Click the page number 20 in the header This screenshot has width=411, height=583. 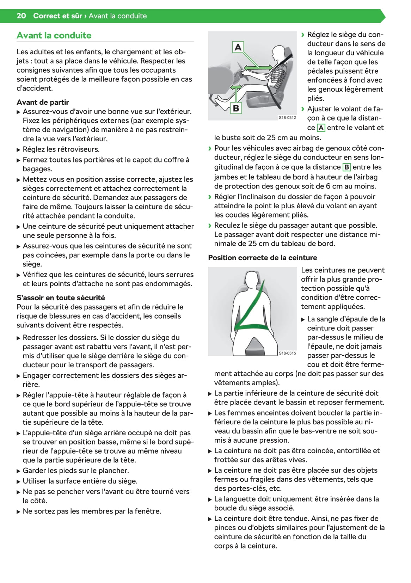pyautogui.click(x=21, y=16)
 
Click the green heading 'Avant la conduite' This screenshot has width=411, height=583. pyautogui.click(x=54, y=35)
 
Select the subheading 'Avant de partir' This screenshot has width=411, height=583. pyautogui.click(x=43, y=102)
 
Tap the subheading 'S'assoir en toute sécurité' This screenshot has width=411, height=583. pyautogui.click(x=61, y=297)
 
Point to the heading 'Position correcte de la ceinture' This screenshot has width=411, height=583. pyautogui.click(x=262, y=258)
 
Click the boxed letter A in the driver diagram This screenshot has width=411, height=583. pyautogui.click(x=238, y=47)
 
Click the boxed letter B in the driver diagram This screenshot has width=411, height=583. pyautogui.click(x=236, y=108)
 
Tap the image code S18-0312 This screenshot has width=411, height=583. pyautogui.click(x=287, y=117)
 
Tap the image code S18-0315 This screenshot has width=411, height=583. pyautogui.click(x=287, y=353)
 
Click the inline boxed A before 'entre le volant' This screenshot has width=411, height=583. pyautogui.click(x=321, y=128)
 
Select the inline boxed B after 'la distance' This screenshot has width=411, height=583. pyautogui.click(x=346, y=167)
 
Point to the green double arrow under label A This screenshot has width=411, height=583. pyautogui.click(x=259, y=67)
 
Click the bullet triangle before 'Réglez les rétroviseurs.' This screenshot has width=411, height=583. pyautogui.click(x=19, y=150)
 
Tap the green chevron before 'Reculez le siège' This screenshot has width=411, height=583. pyautogui.click(x=210, y=226)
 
